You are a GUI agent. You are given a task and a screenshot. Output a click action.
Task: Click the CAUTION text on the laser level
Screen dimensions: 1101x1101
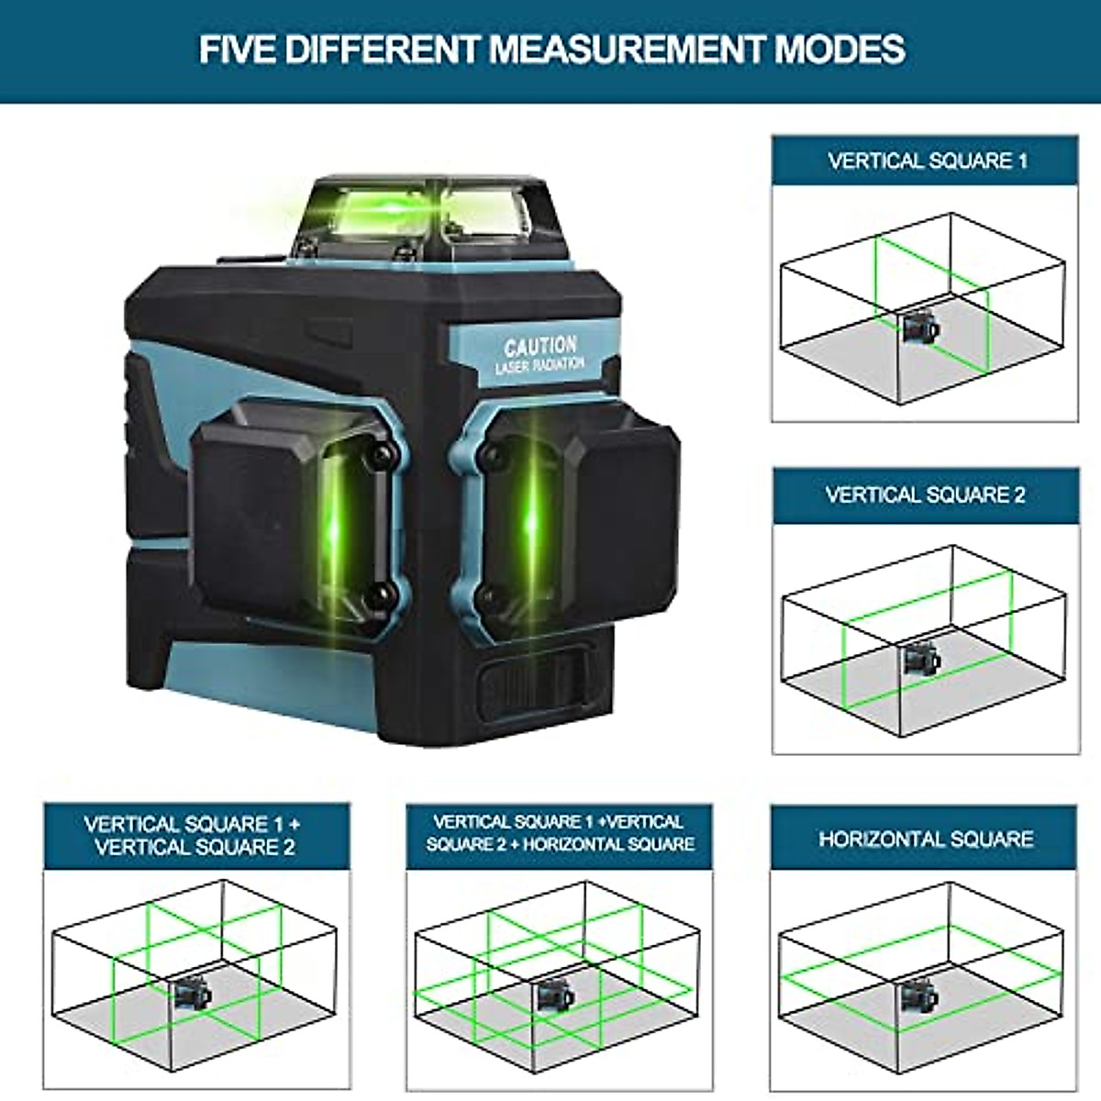(540, 347)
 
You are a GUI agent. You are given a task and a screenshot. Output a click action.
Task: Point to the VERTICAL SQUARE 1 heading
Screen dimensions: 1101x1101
(927, 161)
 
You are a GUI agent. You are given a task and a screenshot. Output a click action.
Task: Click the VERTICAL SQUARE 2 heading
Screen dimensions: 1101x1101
(925, 495)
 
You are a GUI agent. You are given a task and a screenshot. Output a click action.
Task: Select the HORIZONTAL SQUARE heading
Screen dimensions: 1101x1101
(926, 839)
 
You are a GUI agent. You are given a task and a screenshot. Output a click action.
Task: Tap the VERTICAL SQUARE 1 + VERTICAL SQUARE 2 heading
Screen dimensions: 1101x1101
(195, 836)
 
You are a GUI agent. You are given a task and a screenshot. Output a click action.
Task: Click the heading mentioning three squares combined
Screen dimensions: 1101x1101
(560, 833)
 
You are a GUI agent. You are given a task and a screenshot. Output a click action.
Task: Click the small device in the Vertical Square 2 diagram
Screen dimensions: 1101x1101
(917, 658)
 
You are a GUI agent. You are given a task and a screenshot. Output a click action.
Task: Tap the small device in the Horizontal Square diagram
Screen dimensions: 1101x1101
(917, 995)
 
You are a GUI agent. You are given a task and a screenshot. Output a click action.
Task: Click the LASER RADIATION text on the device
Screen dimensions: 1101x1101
(540, 365)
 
